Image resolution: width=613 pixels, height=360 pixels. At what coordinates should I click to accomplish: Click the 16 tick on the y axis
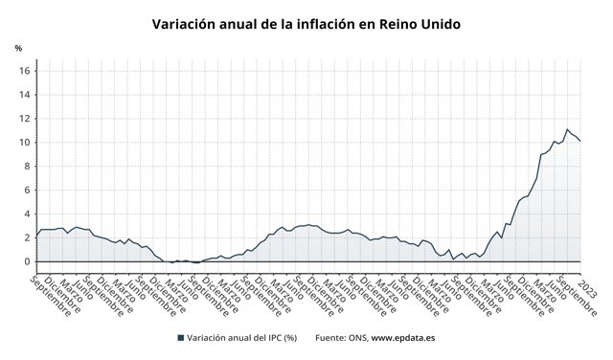coord(26,71)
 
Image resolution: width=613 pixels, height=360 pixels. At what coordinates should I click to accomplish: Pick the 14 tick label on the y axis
coord(26,95)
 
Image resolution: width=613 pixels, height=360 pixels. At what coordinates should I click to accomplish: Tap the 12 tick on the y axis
coord(26,119)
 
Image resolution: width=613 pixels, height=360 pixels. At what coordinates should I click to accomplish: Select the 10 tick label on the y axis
coord(26,143)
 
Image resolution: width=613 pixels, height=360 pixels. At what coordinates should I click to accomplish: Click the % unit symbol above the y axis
coord(18,47)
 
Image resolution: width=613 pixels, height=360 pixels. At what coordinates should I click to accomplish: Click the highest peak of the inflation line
coord(568,129)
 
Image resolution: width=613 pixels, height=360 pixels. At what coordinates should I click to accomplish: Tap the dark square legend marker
coord(180,338)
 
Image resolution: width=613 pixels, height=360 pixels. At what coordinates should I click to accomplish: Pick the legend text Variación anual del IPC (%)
coord(242,338)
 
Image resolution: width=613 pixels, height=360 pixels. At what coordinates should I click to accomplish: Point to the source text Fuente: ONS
coord(339,338)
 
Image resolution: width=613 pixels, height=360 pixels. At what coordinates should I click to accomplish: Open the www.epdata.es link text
coord(404,338)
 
